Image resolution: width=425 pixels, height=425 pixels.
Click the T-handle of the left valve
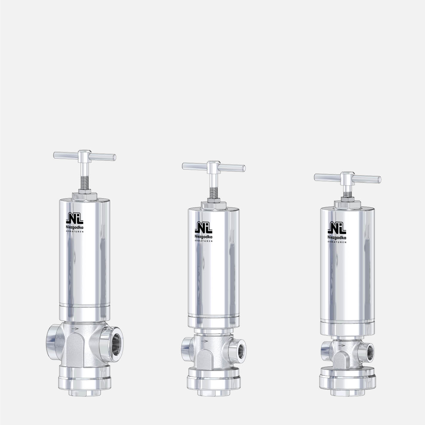point(85,156)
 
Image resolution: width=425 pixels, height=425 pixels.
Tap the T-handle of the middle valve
point(214,167)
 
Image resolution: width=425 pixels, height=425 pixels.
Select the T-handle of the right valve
point(347,178)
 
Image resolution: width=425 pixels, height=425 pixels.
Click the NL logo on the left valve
point(75,218)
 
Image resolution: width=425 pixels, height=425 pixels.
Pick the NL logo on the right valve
point(337,228)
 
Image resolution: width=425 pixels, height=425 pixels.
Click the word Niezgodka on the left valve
point(75,227)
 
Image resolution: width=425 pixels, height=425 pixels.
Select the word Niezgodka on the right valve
point(337,237)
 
